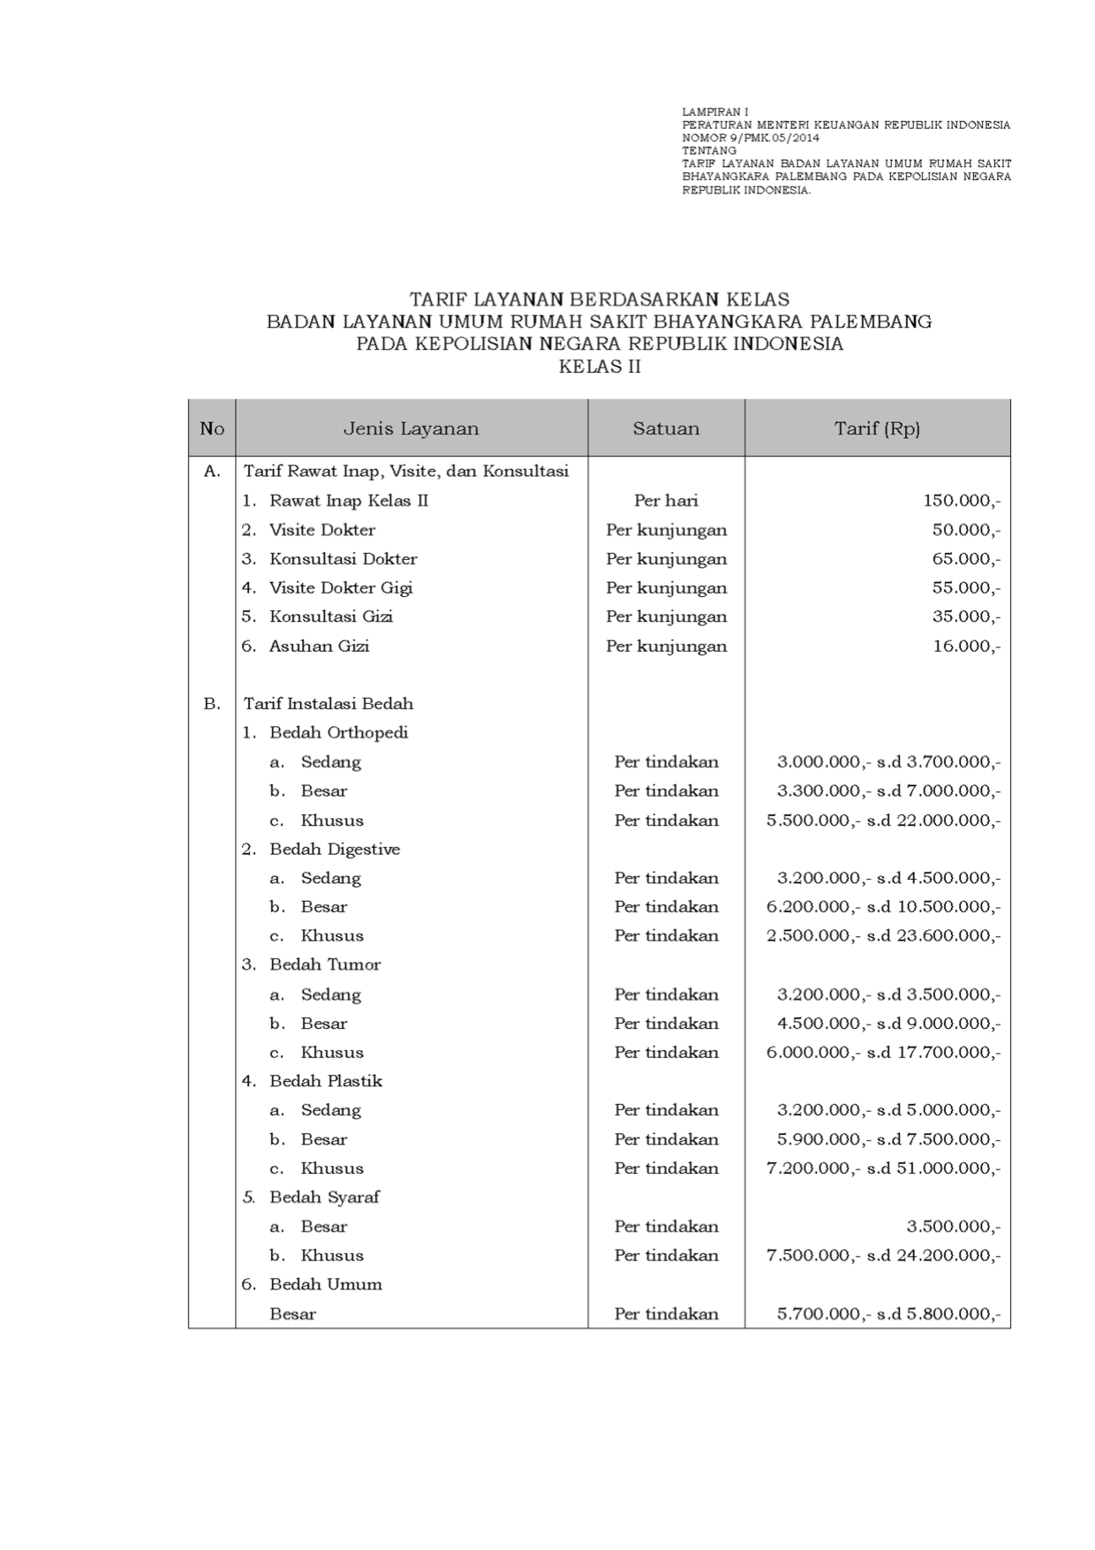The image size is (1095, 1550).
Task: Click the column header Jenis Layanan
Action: coord(411,429)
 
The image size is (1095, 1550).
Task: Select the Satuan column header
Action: coord(666,429)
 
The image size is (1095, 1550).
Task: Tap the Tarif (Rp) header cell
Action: coord(877,429)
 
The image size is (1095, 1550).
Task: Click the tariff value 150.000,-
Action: coord(962,501)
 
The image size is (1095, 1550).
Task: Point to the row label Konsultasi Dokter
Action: coord(343,559)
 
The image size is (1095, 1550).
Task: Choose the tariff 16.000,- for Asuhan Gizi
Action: coord(966,646)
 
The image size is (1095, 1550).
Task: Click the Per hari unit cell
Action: coord(666,501)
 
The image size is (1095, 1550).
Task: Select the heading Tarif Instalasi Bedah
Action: coord(328,704)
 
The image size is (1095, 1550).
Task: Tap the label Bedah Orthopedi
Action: coord(338,733)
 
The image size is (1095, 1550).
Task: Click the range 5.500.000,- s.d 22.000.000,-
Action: coord(883,820)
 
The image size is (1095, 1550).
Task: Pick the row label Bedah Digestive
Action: coord(335,850)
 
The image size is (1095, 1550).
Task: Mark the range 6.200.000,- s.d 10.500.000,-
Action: coord(883,907)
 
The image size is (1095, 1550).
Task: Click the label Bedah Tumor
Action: coord(325,964)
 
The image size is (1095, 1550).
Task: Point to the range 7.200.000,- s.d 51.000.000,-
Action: coord(883,1168)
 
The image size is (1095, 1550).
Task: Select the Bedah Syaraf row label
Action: coord(324,1198)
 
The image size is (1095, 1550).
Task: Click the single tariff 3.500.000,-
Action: coord(953,1227)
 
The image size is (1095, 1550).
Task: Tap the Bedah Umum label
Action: coord(326,1285)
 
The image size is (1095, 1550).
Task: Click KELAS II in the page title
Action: coord(600,367)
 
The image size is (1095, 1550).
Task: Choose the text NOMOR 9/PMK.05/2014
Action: coord(751,139)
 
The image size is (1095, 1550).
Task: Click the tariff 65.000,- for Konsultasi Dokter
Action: coord(966,559)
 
